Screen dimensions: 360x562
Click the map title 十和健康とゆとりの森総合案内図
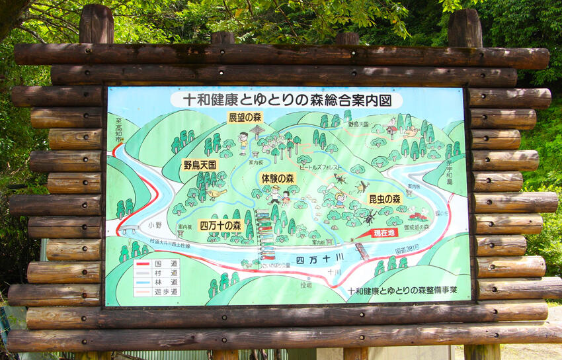pos(286,100)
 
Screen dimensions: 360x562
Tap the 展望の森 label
pos(245,118)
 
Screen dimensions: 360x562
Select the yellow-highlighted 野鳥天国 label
pos(199,164)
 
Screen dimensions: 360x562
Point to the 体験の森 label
pos(278,178)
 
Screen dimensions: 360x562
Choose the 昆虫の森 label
pos(384,199)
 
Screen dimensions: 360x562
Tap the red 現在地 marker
pos(383,233)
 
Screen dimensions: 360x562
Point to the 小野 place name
pos(155,224)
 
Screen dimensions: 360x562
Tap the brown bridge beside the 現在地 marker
pos(362,251)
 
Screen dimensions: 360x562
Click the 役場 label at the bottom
pos(305,285)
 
